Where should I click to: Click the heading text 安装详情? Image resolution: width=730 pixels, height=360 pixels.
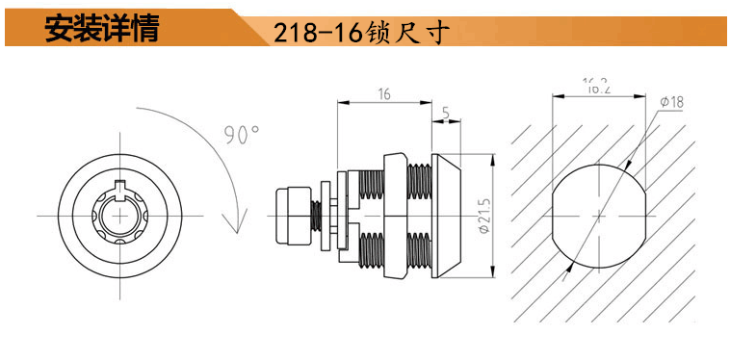(102, 28)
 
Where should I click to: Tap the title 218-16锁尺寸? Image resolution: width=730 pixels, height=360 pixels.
(361, 33)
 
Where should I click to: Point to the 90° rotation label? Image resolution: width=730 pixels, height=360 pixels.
(242, 135)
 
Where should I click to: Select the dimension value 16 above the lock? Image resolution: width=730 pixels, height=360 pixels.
(384, 94)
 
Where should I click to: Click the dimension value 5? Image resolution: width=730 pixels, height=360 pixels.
(446, 113)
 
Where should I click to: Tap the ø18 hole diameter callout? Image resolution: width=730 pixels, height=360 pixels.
(672, 102)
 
